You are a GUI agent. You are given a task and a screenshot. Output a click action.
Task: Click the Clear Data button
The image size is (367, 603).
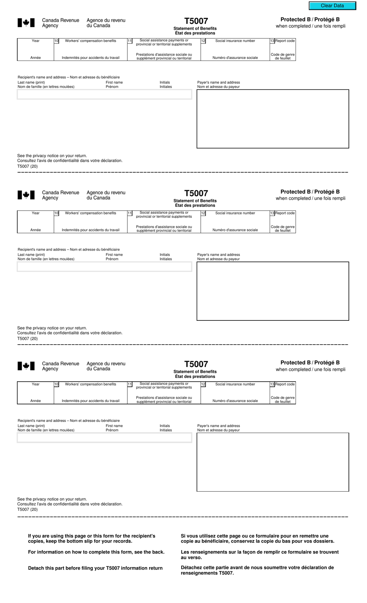point(332,6)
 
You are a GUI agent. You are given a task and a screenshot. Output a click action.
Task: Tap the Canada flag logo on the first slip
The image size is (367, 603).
point(26,23)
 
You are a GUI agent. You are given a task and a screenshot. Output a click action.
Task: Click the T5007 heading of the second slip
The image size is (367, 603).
point(196,193)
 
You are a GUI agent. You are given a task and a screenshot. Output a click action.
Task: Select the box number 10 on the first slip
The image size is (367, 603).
point(56,41)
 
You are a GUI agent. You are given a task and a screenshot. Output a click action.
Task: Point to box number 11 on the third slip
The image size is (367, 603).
point(130,384)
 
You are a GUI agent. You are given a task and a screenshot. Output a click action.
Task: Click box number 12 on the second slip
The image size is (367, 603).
point(203,213)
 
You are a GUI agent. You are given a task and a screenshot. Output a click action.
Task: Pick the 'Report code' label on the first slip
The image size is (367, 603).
point(285,41)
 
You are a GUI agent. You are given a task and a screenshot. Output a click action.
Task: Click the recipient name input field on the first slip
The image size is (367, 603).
point(104,94)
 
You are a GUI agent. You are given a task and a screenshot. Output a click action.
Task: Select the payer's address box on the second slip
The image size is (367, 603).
point(273,291)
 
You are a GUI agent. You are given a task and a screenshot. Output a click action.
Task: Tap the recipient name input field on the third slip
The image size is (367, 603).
point(104,438)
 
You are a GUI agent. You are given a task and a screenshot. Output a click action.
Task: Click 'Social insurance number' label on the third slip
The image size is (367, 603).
point(235,384)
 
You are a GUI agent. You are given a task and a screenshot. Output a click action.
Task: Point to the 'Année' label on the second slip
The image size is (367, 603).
point(36,230)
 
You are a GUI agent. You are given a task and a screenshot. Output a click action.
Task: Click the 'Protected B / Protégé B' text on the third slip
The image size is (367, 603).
point(310,362)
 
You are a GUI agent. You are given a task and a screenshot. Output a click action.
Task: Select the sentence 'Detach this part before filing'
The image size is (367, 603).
point(95,568)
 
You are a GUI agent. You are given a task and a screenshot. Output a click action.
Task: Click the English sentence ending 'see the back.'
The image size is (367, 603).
point(96,552)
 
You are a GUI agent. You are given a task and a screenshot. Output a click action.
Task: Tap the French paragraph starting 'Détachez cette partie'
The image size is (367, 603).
point(257,570)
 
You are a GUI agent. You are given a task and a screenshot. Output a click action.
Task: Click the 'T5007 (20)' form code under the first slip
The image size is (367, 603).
point(27,166)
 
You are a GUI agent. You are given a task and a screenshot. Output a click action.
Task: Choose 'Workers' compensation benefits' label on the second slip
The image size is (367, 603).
point(90,213)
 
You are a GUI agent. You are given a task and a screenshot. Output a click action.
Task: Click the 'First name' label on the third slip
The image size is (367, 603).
point(114,426)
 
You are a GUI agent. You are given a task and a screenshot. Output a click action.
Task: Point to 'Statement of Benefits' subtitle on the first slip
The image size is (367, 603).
point(195,29)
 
